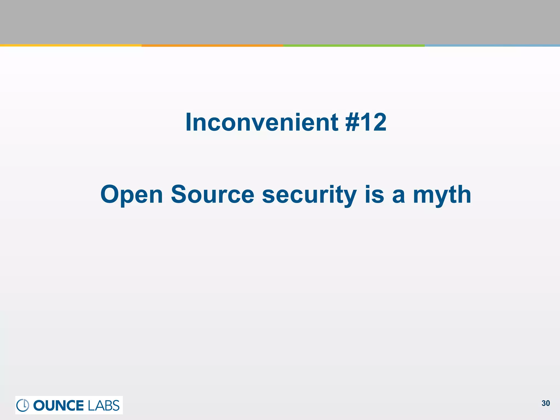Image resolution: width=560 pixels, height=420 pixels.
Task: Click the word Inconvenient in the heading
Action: [x=262, y=122]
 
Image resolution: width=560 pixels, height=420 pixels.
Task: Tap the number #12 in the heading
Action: [x=366, y=122]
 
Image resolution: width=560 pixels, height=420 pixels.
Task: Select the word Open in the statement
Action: [x=132, y=195]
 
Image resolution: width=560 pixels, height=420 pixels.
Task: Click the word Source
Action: [x=212, y=195]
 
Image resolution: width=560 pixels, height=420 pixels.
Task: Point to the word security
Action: [x=309, y=195]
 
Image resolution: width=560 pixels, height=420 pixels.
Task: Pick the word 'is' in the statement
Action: [x=374, y=195]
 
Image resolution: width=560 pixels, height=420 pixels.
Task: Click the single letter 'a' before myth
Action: [x=398, y=195]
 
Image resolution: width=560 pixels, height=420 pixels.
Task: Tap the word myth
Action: [x=442, y=195]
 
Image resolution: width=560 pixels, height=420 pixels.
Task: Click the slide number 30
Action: [x=546, y=403]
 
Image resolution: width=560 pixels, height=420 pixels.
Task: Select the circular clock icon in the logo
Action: [x=23, y=405]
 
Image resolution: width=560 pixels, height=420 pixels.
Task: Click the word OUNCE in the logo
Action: [x=59, y=405]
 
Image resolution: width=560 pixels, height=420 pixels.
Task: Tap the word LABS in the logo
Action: [x=104, y=405]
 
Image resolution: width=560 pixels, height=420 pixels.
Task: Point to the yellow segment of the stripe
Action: [x=71, y=45]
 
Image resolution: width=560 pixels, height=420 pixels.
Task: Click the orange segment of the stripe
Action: [x=212, y=45]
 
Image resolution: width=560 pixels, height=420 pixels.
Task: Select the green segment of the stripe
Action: [x=354, y=45]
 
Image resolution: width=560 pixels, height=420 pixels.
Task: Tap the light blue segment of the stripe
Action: [x=492, y=45]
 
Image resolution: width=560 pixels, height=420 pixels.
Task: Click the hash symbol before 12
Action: [x=353, y=122]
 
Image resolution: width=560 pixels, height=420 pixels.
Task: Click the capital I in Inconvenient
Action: [x=188, y=122]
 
